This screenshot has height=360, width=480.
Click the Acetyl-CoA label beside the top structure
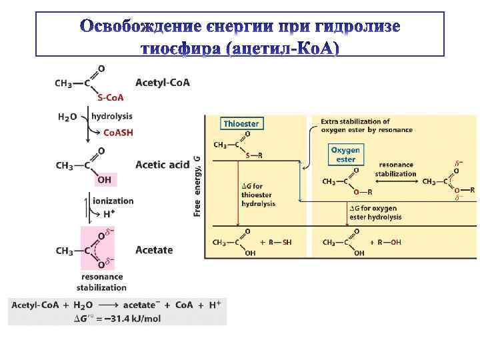[x=162, y=83]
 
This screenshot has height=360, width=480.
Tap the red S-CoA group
[x=111, y=97]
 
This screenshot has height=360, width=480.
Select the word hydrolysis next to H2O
[x=111, y=116]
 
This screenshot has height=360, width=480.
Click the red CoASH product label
[x=117, y=133]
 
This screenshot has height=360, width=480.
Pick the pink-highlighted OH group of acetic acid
[x=105, y=179]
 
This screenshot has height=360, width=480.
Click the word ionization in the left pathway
[x=113, y=201]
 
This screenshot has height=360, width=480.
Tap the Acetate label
[x=154, y=250]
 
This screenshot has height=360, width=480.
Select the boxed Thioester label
[x=241, y=123]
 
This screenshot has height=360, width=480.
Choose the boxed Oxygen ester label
[x=345, y=155]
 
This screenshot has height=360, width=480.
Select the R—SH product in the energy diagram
[x=279, y=243]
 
